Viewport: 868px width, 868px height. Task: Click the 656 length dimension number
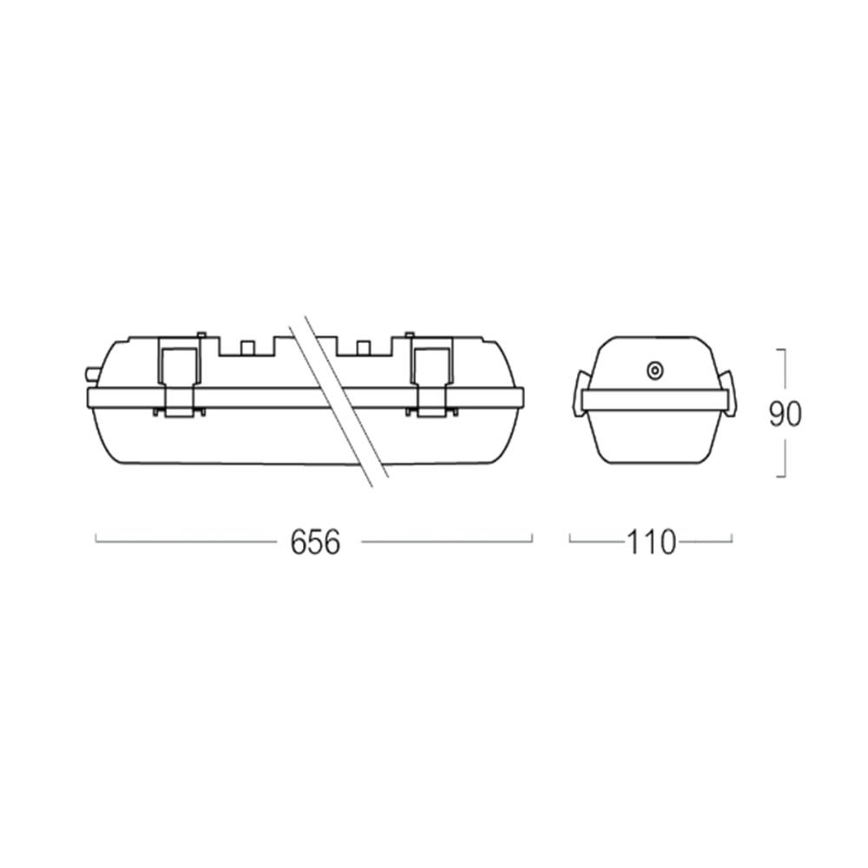[x=315, y=542]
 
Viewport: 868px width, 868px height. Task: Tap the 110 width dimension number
[x=651, y=542]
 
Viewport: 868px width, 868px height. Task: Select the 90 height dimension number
[x=785, y=414]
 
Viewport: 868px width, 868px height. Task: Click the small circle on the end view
[x=654, y=371]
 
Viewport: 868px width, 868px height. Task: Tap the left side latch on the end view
[x=577, y=395]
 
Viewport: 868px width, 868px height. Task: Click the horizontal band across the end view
[x=654, y=399]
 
